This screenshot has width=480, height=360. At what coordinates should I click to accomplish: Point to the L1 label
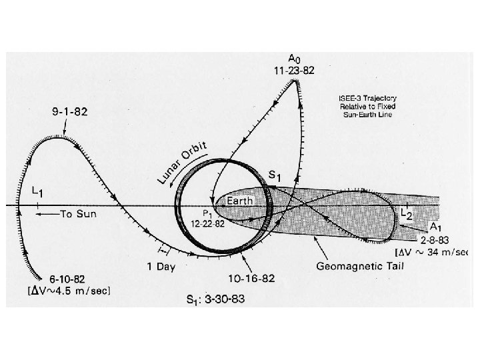(x=39, y=193)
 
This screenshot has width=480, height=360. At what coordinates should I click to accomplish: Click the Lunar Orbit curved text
(x=183, y=163)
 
